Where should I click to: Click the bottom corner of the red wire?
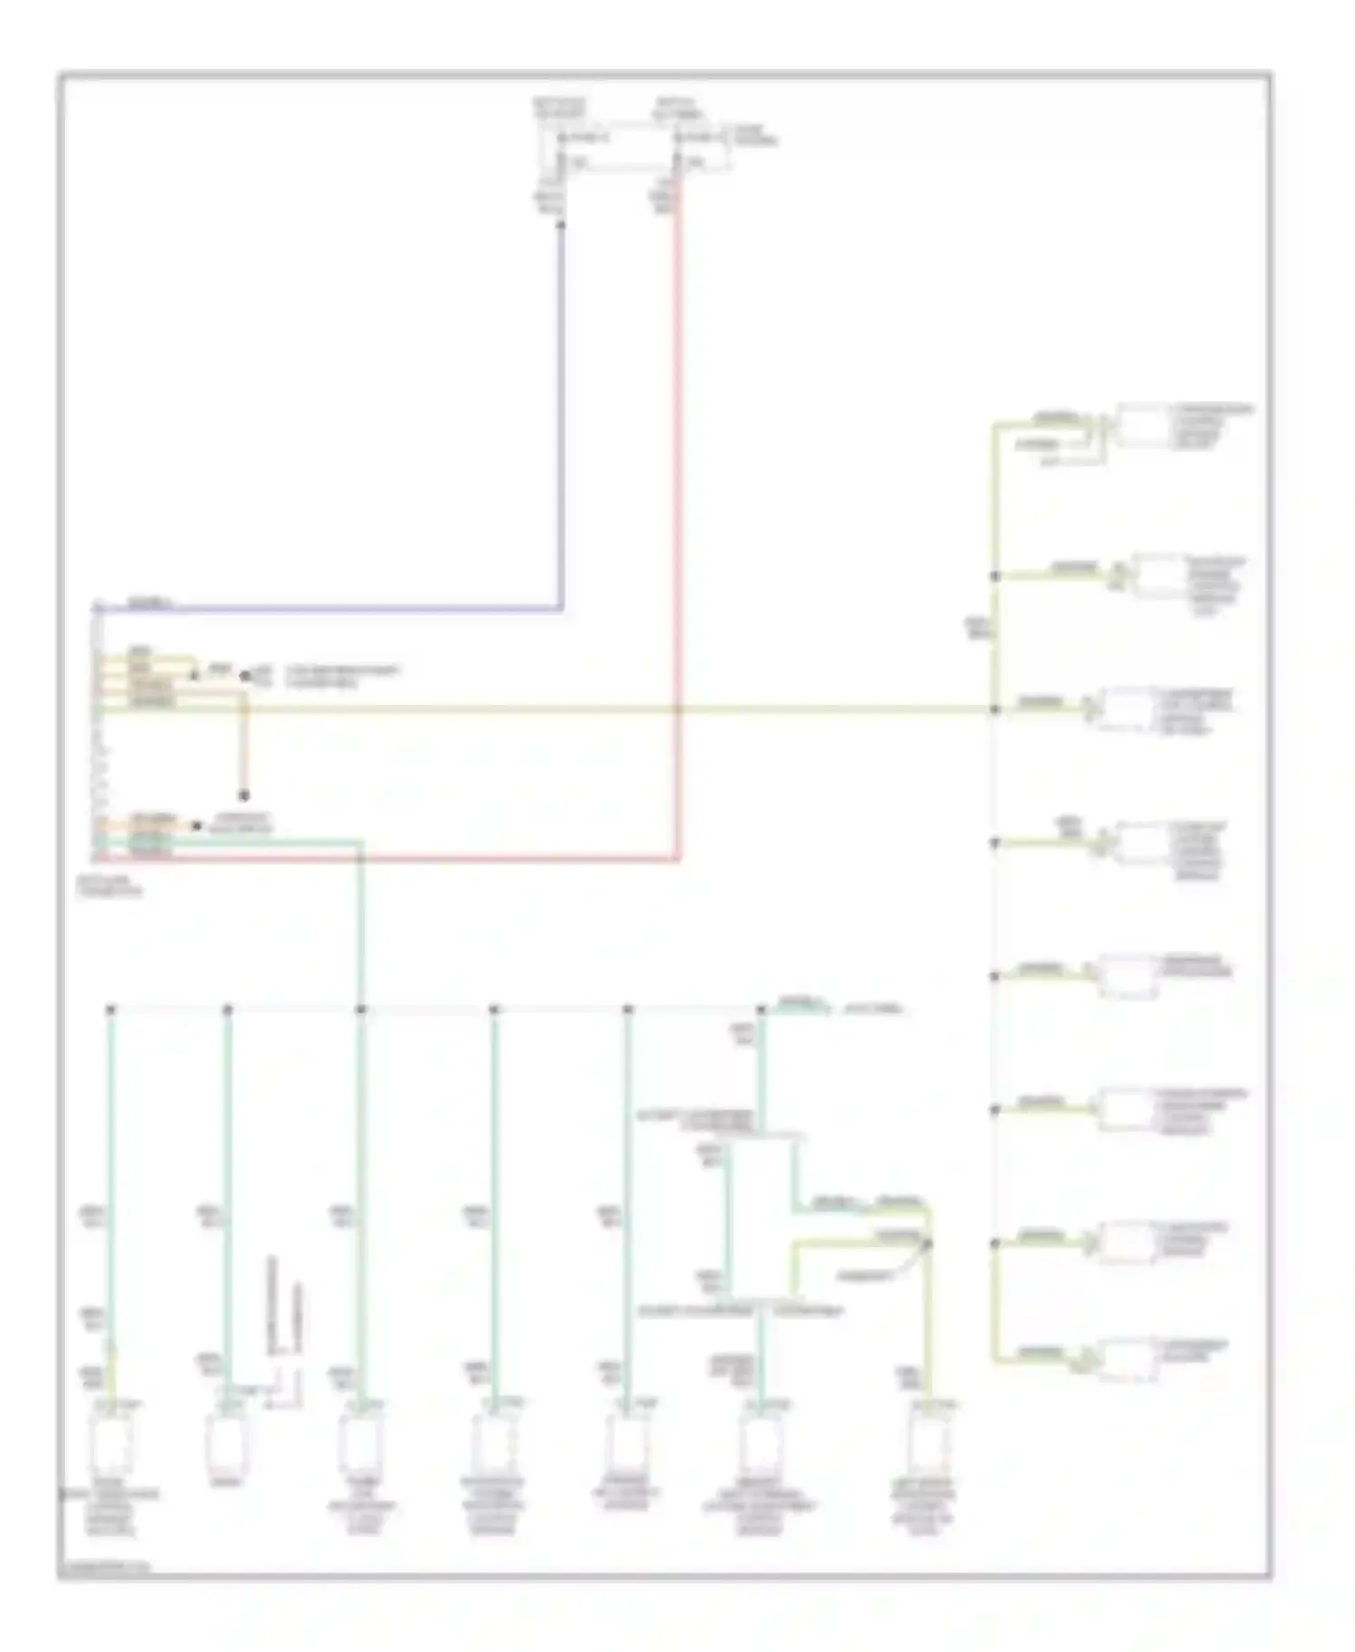tap(677, 858)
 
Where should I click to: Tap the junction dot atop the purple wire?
tap(561, 222)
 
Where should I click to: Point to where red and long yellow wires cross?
tap(677, 709)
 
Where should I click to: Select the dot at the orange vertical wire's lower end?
tap(243, 795)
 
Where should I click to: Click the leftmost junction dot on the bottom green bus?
tap(110, 1009)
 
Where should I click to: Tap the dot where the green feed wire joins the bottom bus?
tap(360, 1009)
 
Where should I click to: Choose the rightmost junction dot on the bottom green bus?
tap(762, 1009)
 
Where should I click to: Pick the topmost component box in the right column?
tap(1140, 425)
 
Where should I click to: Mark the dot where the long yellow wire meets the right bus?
tap(995, 709)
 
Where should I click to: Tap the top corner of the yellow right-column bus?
tap(995, 424)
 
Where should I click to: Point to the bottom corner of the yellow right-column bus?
tap(995, 1358)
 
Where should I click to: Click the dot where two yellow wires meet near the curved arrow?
tap(928, 1244)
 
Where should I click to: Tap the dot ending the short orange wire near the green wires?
tap(197, 825)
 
